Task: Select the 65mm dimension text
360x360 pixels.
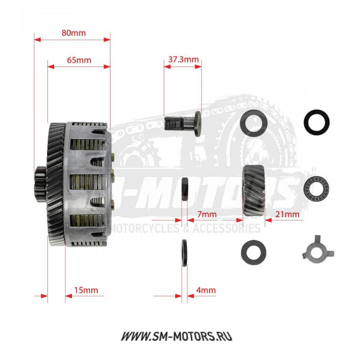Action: tap(79, 60)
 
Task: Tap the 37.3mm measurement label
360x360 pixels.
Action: tap(183, 60)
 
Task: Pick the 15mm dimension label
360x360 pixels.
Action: tap(85, 290)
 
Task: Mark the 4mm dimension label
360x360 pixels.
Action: tap(205, 290)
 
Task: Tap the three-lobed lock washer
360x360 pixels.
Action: tap(318, 251)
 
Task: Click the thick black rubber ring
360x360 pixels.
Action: tap(317, 122)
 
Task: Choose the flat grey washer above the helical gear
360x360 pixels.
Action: tap(253, 123)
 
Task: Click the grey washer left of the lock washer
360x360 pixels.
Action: tap(253, 251)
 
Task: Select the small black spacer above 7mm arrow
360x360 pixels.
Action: tap(184, 189)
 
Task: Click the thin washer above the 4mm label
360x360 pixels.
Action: tap(184, 253)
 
